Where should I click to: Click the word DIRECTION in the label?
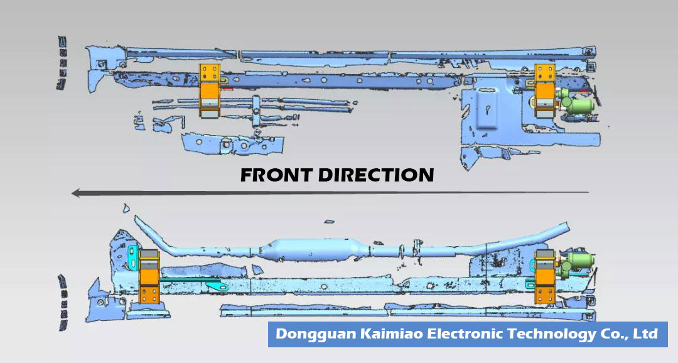pyautogui.click(x=375, y=175)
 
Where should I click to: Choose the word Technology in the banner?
pyautogui.click(x=551, y=334)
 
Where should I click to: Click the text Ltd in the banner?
pyautogui.click(x=646, y=334)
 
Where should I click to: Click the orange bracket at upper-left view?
pyautogui.click(x=209, y=90)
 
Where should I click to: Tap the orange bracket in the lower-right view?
pyautogui.click(x=544, y=277)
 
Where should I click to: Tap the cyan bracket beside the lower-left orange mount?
pyautogui.click(x=132, y=254)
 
